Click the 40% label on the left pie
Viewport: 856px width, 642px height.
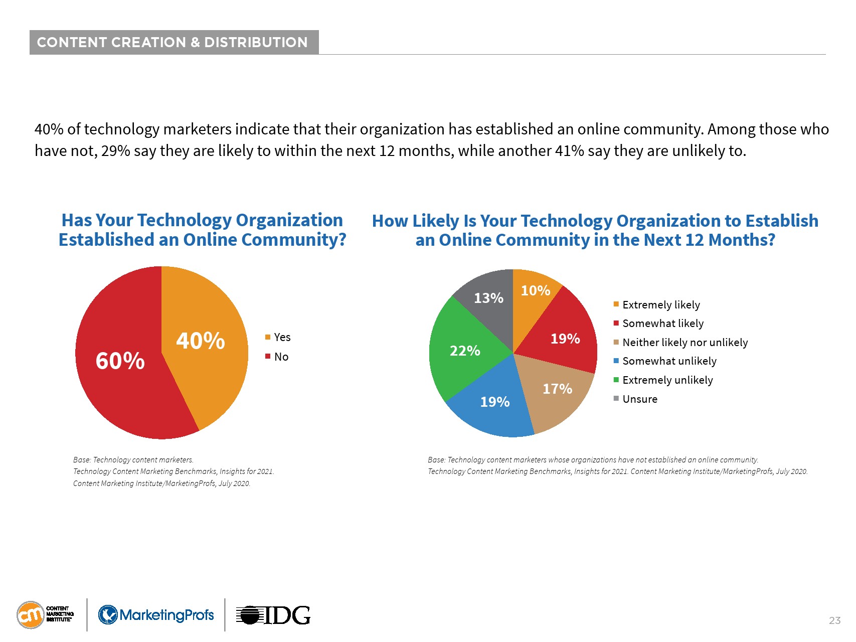click(x=200, y=341)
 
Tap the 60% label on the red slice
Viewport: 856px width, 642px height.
click(x=120, y=361)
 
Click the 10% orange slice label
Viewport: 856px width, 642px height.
click(x=535, y=290)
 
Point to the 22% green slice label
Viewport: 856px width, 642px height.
click(x=465, y=351)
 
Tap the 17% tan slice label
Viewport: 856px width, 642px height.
click(x=557, y=389)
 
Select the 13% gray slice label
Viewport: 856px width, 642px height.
click(x=488, y=298)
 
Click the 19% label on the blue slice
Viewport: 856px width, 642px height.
click(x=494, y=402)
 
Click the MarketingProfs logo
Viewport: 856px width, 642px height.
click(x=156, y=615)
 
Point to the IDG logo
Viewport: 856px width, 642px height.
click(x=273, y=615)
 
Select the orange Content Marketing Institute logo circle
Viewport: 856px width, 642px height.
click(x=31, y=615)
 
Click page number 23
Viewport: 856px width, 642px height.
click(x=834, y=620)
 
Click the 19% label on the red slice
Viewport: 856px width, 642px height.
click(x=565, y=339)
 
